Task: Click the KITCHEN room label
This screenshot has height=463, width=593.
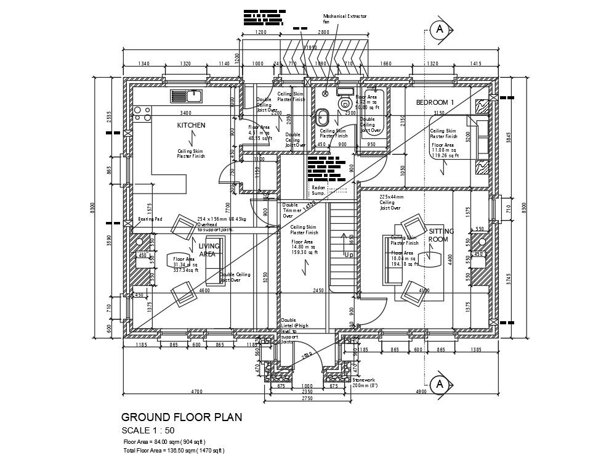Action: pyautogui.click(x=191, y=125)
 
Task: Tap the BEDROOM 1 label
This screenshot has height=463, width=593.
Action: pyautogui.click(x=435, y=102)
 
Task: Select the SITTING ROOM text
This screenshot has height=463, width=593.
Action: pyautogui.click(x=441, y=235)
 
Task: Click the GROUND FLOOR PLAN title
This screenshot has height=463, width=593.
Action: pyautogui.click(x=182, y=417)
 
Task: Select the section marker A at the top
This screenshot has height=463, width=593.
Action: pyautogui.click(x=439, y=30)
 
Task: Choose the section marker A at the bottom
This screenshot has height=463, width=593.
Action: pyautogui.click(x=439, y=384)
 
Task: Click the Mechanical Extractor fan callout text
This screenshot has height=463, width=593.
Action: pyautogui.click(x=345, y=18)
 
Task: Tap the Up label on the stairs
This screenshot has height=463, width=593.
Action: pyautogui.click(x=349, y=254)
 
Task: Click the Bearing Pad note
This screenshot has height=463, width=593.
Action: pyautogui.click(x=150, y=219)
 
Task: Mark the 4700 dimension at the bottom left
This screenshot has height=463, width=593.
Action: pyautogui.click(x=196, y=391)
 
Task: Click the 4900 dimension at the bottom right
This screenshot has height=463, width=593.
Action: pyautogui.click(x=421, y=391)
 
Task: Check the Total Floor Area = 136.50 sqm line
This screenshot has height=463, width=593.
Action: pyautogui.click(x=174, y=451)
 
